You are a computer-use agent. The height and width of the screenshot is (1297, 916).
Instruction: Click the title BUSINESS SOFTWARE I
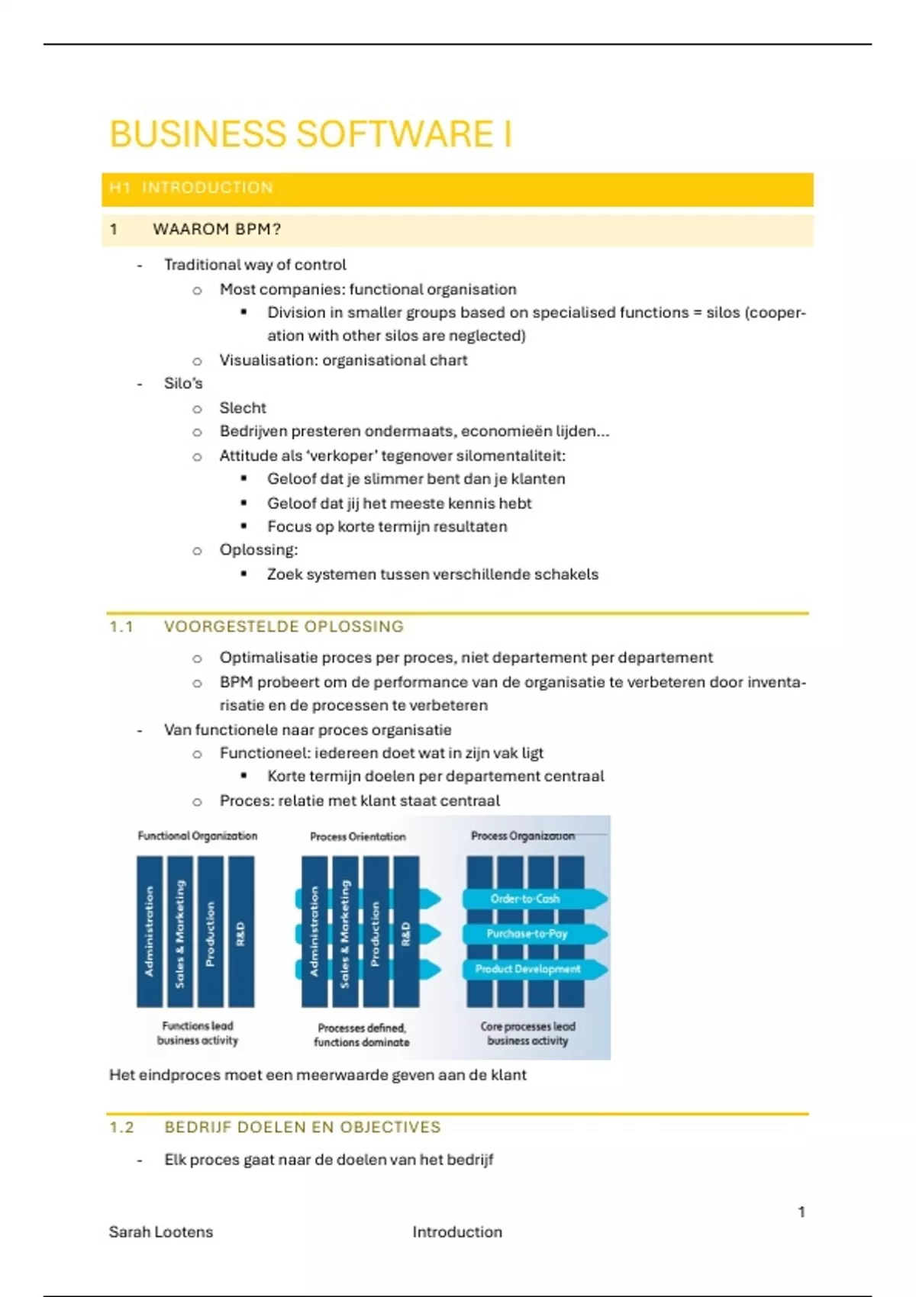coord(310,135)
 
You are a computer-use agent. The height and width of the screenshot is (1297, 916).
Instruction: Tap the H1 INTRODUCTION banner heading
coord(191,188)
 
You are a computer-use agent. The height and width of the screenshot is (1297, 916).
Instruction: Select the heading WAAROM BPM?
coord(217,229)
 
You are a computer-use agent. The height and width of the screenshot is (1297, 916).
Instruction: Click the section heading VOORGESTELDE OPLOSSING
coord(283,626)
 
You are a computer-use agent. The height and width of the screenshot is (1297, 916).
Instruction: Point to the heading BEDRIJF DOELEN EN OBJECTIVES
coord(302,1127)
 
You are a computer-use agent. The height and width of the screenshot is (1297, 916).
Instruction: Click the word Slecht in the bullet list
coord(243,407)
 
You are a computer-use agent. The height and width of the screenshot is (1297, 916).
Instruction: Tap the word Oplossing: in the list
coord(259,549)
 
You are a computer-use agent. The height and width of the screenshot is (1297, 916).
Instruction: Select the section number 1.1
coord(121,626)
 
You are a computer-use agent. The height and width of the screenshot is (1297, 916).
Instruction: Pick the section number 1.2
coord(121,1127)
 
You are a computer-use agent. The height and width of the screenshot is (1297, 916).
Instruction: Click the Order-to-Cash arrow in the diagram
coord(526,899)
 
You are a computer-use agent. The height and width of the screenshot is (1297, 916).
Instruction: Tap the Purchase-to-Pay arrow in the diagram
coord(527,934)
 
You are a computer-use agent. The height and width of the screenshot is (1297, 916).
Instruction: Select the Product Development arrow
coord(528,969)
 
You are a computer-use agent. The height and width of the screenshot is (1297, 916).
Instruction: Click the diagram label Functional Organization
coord(197,835)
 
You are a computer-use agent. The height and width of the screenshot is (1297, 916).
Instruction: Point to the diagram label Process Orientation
coord(357,836)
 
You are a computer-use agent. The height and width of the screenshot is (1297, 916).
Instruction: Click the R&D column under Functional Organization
coord(241,932)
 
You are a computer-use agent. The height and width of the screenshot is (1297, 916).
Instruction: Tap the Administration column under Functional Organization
coord(150,932)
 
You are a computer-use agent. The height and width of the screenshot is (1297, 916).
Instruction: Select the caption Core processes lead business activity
coord(527,1033)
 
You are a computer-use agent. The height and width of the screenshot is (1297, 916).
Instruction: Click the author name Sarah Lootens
coord(161,1231)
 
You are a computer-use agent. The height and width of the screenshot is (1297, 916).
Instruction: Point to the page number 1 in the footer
coord(801,1212)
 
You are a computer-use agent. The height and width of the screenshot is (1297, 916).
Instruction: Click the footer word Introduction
coord(457,1231)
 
